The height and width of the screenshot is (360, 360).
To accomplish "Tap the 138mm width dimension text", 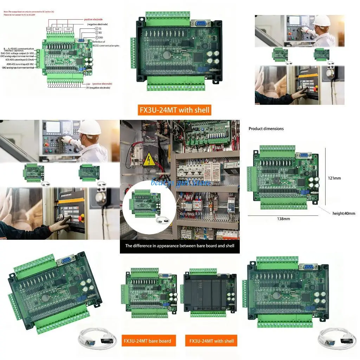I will point(284,219).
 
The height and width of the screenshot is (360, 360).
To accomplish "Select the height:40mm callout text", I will point(343,213).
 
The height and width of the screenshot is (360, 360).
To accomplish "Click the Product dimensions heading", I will point(266,129).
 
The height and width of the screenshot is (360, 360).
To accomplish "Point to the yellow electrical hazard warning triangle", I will point(148,160).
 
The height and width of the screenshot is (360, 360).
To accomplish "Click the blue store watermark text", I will point(180,182).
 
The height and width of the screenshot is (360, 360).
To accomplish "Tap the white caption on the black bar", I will point(180,246).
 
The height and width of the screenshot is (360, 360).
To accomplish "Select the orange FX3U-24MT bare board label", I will point(147,341).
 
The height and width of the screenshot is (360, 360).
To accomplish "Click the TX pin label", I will point(100,28).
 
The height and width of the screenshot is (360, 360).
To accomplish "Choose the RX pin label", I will point(100,32).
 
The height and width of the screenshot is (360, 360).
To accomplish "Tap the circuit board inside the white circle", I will point(143,203).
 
